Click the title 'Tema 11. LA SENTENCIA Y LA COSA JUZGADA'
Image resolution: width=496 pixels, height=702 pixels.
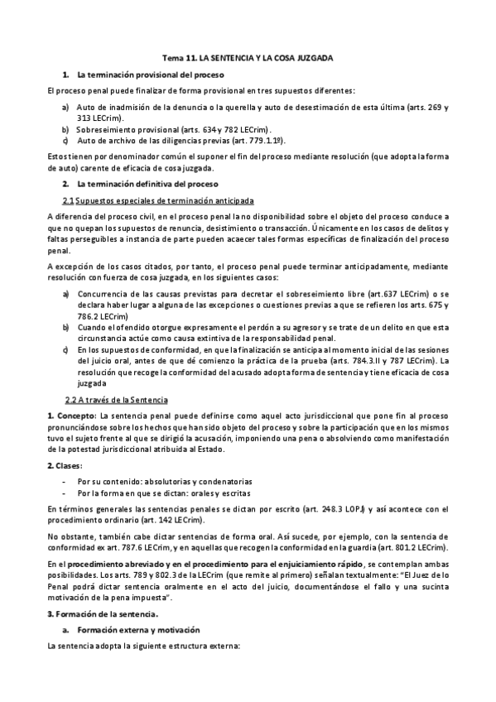(247, 59)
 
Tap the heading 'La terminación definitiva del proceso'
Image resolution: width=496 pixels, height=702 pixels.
(142, 183)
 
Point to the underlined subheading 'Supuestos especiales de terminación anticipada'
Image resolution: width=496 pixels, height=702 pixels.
(153, 200)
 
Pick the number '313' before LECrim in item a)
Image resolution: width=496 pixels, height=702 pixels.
(84, 118)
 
